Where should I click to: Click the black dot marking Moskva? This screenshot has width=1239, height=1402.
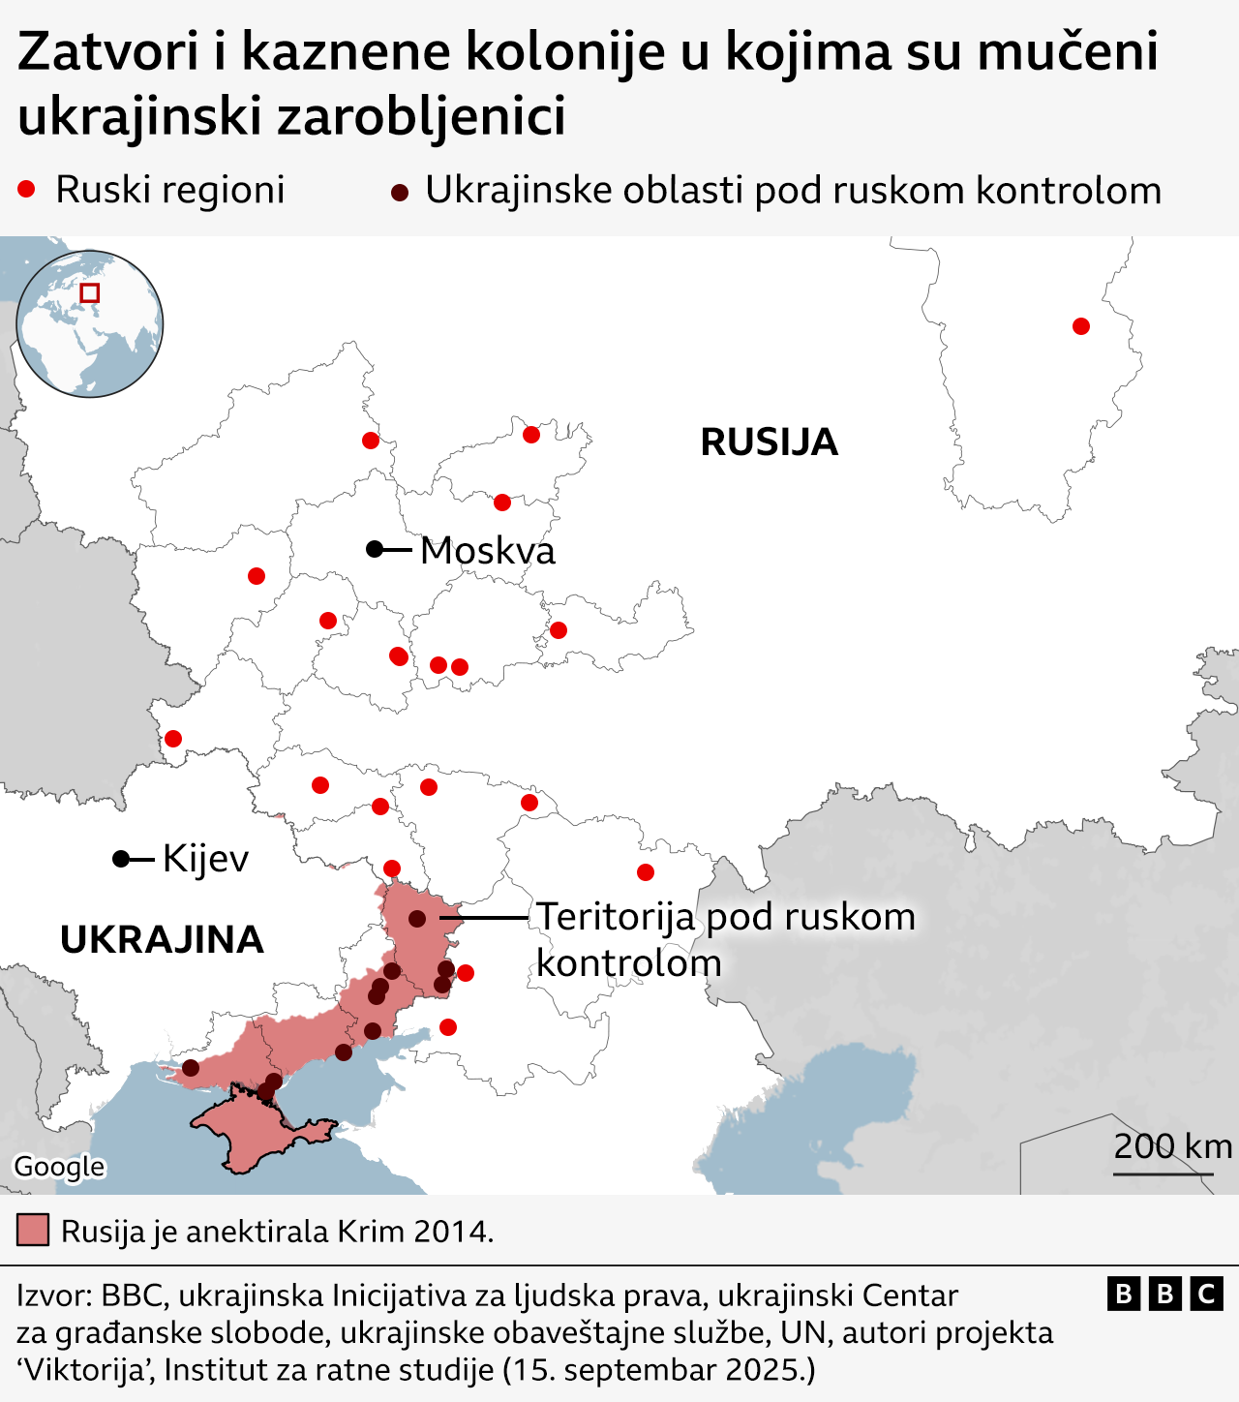click(375, 549)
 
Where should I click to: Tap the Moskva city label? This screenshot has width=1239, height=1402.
click(488, 551)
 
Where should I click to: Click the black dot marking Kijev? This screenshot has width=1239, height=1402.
click(121, 859)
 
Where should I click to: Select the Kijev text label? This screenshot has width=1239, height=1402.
click(205, 859)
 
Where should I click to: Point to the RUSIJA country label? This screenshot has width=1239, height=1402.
click(769, 442)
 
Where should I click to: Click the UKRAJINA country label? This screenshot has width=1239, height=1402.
click(162, 940)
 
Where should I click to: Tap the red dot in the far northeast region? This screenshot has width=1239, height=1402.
click(1081, 326)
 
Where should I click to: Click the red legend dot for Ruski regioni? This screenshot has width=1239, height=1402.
click(26, 190)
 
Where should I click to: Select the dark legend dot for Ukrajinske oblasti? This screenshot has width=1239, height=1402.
click(399, 192)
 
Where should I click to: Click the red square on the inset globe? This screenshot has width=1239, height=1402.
click(90, 292)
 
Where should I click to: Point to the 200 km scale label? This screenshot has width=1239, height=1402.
click(1172, 1146)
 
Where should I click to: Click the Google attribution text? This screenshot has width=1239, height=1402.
click(59, 1167)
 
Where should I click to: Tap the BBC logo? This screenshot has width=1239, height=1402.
click(1164, 1294)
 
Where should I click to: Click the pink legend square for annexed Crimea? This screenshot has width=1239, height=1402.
click(33, 1231)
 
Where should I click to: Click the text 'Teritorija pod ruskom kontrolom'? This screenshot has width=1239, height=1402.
click(725, 939)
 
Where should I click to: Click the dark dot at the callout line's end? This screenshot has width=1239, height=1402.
click(417, 918)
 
